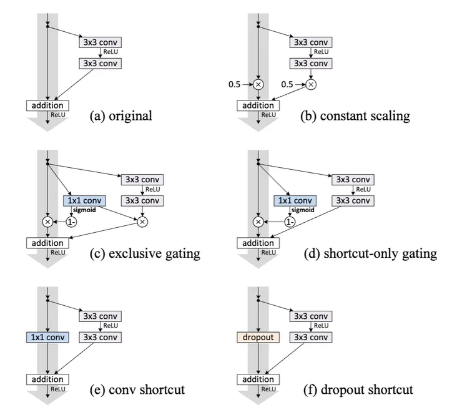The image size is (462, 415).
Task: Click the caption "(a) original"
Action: coord(121,115)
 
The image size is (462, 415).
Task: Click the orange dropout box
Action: coord(257,337)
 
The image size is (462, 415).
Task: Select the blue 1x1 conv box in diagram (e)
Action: coord(47,337)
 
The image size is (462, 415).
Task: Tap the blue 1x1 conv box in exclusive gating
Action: coord(84,201)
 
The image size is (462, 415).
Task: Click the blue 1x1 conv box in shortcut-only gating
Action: coord(295,201)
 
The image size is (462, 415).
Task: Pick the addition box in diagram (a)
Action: coord(47,105)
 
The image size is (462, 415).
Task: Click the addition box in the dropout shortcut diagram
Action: coord(258,379)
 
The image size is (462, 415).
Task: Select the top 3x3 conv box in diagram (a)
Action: coord(100,42)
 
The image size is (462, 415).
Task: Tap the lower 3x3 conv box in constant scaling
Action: coord(310,63)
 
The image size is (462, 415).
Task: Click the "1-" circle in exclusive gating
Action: coord(71,222)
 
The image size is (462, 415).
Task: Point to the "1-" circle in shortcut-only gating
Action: coord(289,222)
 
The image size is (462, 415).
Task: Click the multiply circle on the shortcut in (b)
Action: coord(258,84)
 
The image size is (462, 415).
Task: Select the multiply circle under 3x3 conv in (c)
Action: coord(142,222)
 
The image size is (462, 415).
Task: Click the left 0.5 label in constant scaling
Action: coord(235,84)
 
